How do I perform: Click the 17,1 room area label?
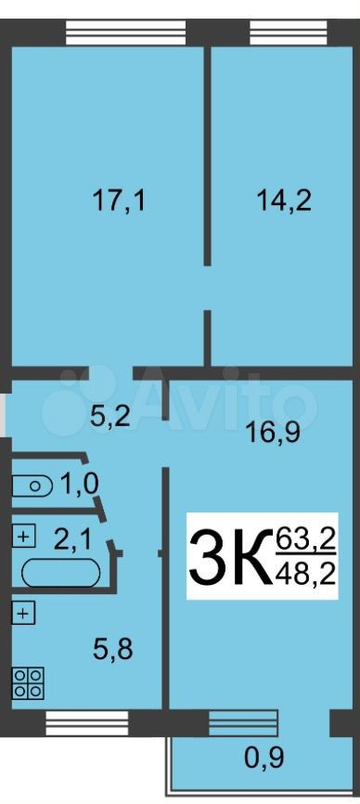119,201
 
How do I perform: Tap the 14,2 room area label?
284,201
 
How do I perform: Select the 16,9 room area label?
272,434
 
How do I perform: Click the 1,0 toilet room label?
80,484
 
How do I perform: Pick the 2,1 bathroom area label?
73,539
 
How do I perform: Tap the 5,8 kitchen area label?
113,650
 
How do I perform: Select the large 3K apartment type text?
230,556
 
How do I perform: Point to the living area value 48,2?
305,574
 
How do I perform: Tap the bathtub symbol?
61,571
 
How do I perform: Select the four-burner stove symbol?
29,683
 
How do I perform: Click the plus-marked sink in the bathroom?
23,537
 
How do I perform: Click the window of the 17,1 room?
126,32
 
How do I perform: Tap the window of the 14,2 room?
289,32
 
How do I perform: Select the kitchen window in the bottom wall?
87,723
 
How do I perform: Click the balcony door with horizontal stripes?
243,723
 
